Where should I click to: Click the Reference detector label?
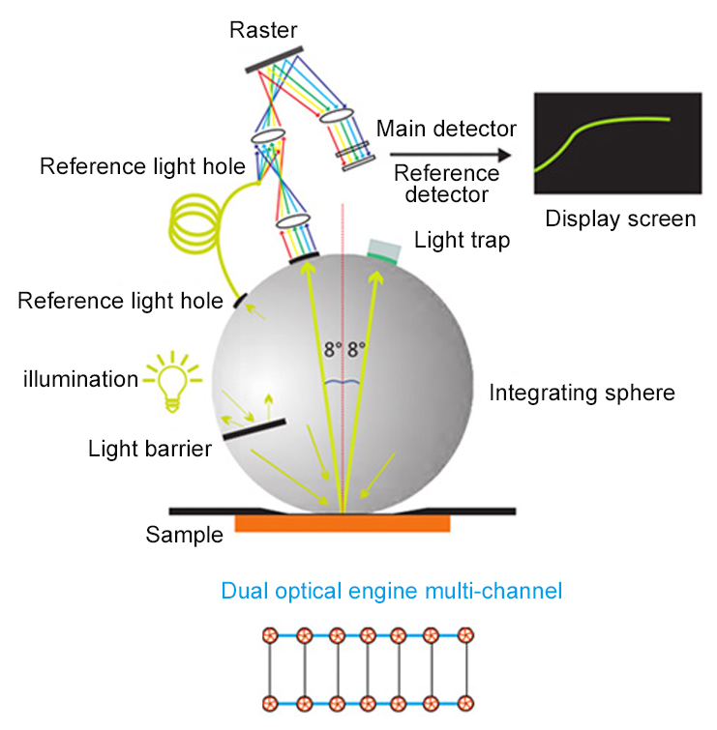pos(446,183)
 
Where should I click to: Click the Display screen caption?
pos(620,219)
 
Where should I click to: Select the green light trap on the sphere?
pos(383,252)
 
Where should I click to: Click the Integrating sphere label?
pos(582,394)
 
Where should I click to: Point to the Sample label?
pos(185,534)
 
